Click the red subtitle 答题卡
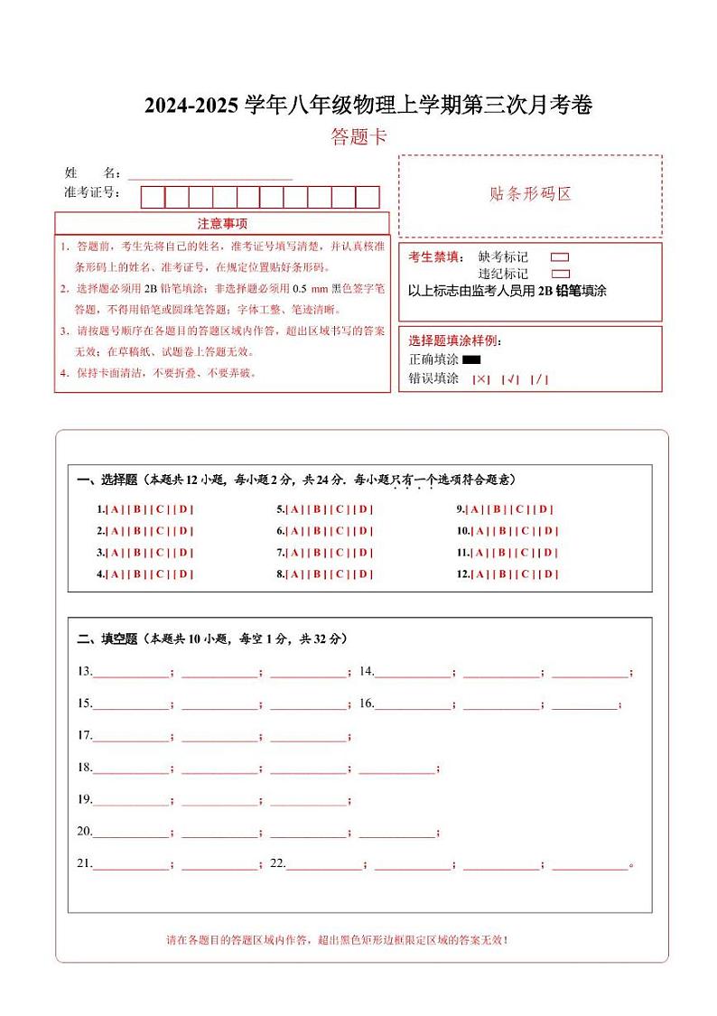pos(358,137)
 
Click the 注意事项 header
pos(222,224)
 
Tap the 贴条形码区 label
pos(530,194)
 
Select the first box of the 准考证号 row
pos(154,197)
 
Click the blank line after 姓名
pos(210,174)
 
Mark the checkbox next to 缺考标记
pos(560,257)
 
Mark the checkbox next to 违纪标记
pos(560,274)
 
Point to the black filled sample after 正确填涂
pos(471,360)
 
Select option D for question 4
pos(184,573)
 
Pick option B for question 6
pos(318,530)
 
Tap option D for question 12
pos(549,573)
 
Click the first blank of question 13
pos(130,673)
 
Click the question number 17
pos(84,735)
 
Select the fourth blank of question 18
pos(397,769)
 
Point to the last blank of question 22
pos(589,864)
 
